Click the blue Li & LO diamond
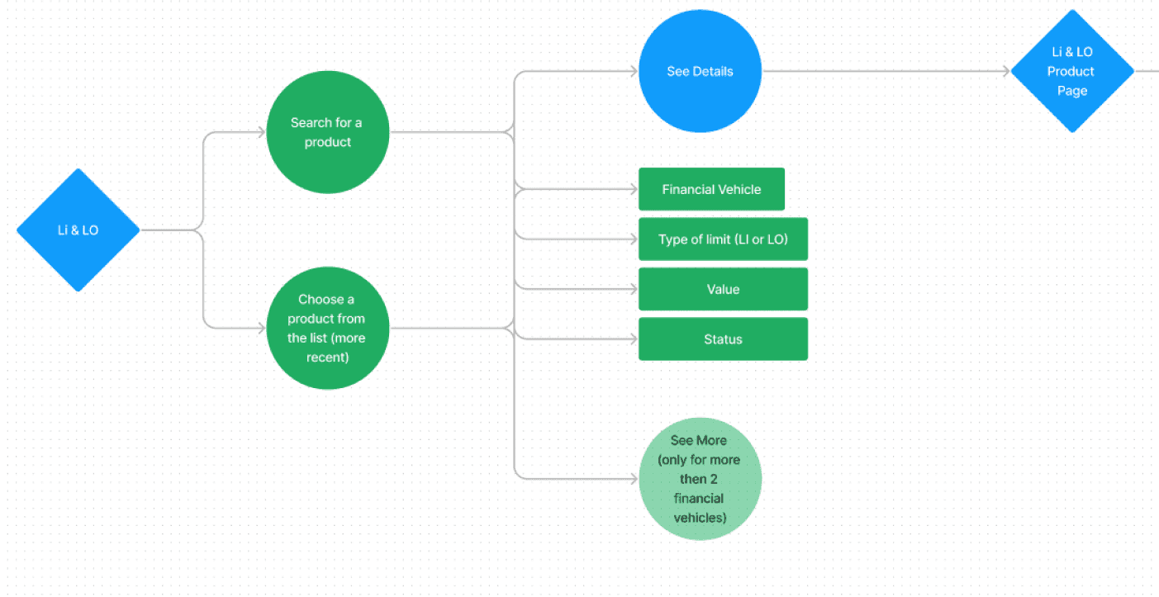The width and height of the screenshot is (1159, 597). pyautogui.click(x=78, y=230)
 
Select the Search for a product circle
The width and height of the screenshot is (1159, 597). pyautogui.click(x=327, y=132)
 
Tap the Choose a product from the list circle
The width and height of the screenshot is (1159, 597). pyautogui.click(x=327, y=328)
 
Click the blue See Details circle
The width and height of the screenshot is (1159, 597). pyautogui.click(x=700, y=71)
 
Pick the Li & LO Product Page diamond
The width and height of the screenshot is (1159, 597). pyautogui.click(x=1072, y=71)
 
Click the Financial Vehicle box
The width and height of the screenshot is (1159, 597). pyautogui.click(x=711, y=189)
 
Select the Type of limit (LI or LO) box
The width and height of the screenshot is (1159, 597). pyautogui.click(x=723, y=239)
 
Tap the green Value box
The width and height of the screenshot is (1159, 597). pyautogui.click(x=723, y=289)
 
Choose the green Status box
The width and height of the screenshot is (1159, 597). pyautogui.click(x=723, y=339)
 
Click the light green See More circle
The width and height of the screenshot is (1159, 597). pyautogui.click(x=700, y=479)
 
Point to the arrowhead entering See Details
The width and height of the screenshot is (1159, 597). pyautogui.click(x=634, y=71)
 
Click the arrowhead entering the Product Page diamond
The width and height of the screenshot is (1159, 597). pyautogui.click(x=1006, y=71)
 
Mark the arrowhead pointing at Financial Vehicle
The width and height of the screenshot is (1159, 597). pyautogui.click(x=634, y=189)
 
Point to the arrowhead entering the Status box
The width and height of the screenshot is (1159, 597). pyautogui.click(x=634, y=339)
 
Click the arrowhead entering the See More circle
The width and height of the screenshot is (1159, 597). pyautogui.click(x=634, y=479)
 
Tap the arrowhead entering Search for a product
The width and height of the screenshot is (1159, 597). pyautogui.click(x=261, y=132)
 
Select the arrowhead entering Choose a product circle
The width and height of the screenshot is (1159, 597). pyautogui.click(x=261, y=328)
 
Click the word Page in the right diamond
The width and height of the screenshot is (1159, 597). pyautogui.click(x=1072, y=91)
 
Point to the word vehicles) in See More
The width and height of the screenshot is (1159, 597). pyautogui.click(x=700, y=518)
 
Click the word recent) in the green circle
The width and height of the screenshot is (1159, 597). pyautogui.click(x=327, y=358)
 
